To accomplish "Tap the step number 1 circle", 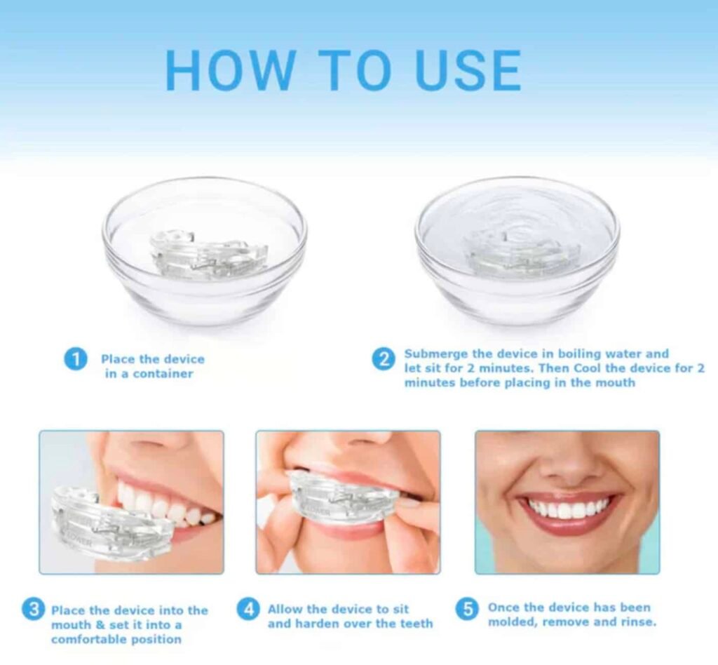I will (x=76, y=360).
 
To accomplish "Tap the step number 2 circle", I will (x=382, y=360).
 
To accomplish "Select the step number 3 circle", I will (x=33, y=610).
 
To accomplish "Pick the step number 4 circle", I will (x=248, y=609).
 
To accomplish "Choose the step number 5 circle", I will (x=467, y=609).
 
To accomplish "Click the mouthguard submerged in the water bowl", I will (x=519, y=253).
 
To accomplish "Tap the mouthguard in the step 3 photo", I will (x=105, y=523).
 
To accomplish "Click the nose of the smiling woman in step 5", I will (x=567, y=466).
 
